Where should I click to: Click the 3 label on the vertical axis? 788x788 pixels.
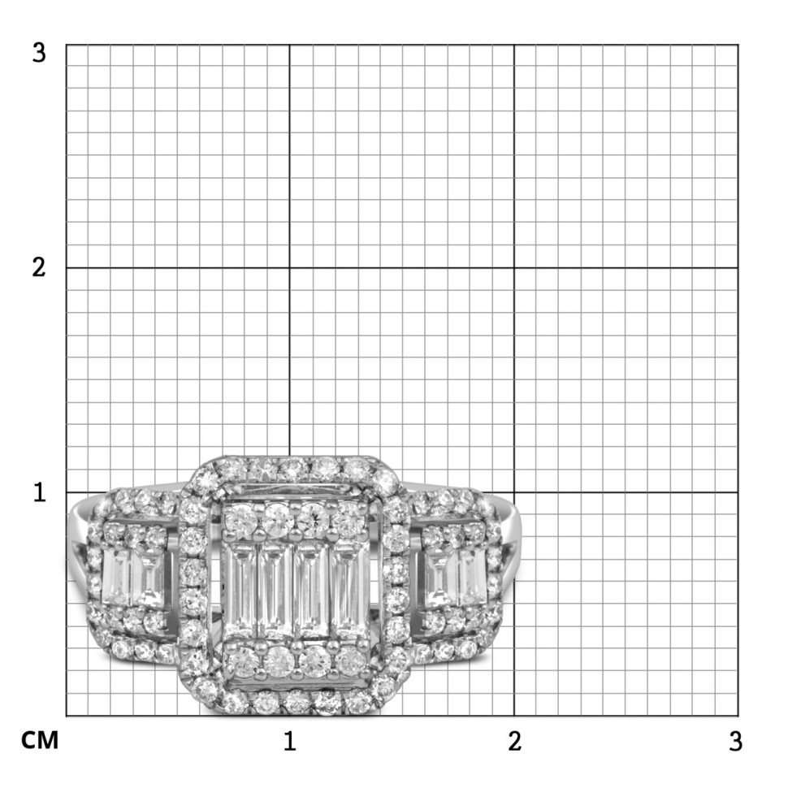[x=39, y=52]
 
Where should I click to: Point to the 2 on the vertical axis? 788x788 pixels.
[x=39, y=267]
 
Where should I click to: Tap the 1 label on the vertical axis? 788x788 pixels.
[x=40, y=492]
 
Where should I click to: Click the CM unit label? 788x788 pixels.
[x=40, y=740]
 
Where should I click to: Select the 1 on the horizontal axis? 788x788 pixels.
[x=289, y=741]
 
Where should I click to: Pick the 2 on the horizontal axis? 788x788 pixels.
[x=514, y=741]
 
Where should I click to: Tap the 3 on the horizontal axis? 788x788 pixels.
[x=736, y=741]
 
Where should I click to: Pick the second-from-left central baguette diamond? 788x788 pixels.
[x=275, y=590]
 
